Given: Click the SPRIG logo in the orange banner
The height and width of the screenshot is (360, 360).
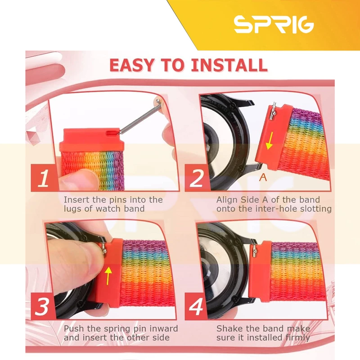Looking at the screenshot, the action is (274, 24).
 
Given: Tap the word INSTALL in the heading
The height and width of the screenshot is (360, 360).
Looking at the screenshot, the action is (229, 65).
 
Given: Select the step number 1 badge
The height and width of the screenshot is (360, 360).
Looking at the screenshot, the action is (44, 178).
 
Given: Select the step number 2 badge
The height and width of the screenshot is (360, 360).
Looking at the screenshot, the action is (197, 178).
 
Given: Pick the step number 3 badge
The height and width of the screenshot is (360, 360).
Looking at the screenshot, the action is (42, 306).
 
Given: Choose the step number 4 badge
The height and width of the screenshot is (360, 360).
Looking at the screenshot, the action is (196, 306).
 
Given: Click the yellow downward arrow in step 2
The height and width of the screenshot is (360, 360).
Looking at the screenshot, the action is (270, 140).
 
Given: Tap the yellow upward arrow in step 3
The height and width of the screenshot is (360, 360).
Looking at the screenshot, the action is (108, 276).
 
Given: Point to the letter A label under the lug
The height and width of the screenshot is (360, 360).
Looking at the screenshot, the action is (263, 177).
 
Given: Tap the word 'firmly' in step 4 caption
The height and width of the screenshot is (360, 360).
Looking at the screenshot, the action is (298, 338).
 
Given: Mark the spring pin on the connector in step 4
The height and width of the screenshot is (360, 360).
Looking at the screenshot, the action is (255, 251).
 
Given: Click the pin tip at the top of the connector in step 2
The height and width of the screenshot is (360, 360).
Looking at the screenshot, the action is (273, 104).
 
